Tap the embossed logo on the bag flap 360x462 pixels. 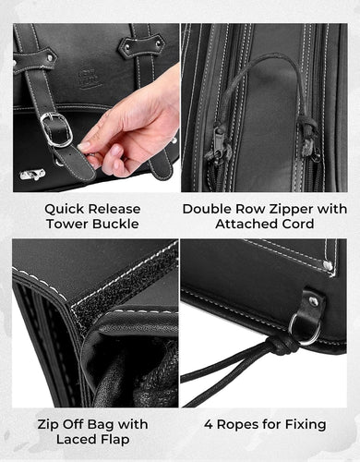pyautogui.click(x=90, y=79)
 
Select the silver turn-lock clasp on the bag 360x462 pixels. pyautogui.click(x=32, y=175)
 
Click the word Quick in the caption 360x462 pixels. pyautogui.click(x=63, y=210)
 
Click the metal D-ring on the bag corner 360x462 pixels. pyautogui.click(x=304, y=329)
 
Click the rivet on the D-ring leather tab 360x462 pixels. pyautogui.click(x=313, y=301)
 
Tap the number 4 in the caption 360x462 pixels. pyautogui.click(x=209, y=424)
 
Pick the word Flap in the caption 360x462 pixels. pyautogui.click(x=114, y=440)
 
